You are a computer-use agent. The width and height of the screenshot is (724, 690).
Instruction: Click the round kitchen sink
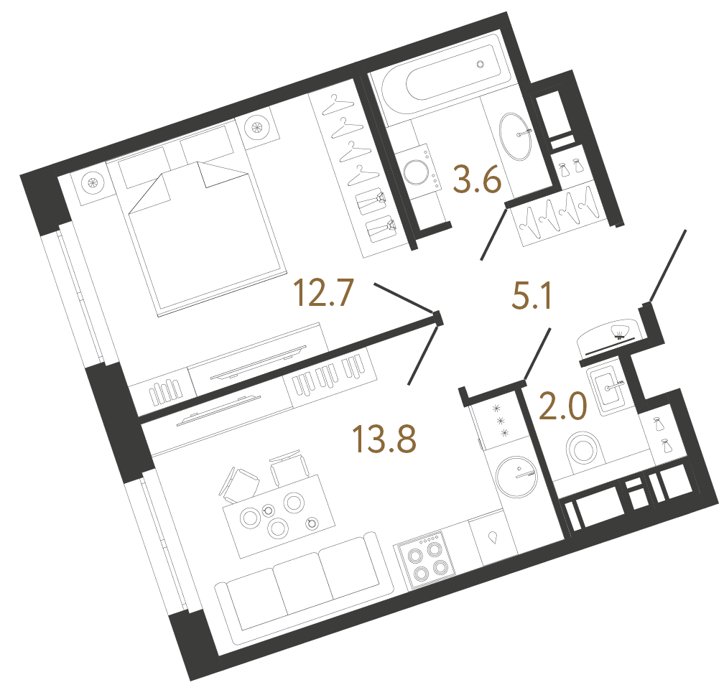(x=516, y=475)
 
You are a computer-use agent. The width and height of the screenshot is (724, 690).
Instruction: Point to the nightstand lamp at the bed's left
(x=92, y=182)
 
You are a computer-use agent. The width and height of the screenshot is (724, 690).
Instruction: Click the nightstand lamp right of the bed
(x=256, y=128)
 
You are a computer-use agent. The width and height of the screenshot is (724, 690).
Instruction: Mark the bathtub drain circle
(x=482, y=64)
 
